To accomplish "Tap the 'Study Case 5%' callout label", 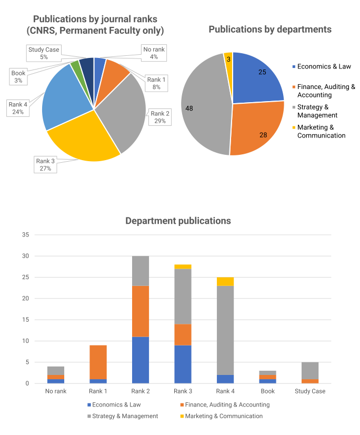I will point(45,53).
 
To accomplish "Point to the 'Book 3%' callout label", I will point(18,77).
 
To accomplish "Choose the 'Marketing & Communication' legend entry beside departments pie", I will point(321,131).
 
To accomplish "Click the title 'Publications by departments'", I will point(270,29).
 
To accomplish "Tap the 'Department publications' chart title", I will point(178,221).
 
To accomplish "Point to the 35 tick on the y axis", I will point(25,235).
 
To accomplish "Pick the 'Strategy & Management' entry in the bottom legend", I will point(125,416).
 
